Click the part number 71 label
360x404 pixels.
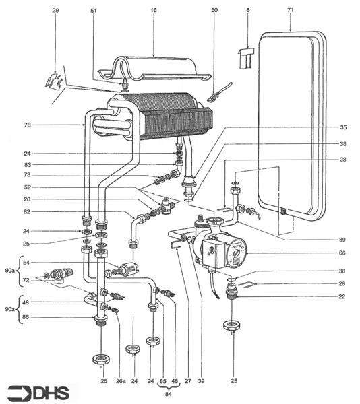point(291,11)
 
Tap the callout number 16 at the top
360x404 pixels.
point(153,11)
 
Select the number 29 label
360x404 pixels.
point(56,11)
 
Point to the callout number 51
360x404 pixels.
point(93,11)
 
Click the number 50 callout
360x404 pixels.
point(214,11)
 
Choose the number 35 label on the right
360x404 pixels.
point(343,127)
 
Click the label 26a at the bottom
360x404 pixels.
point(120,380)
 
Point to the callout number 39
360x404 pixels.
point(201,380)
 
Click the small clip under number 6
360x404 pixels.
point(246,57)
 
